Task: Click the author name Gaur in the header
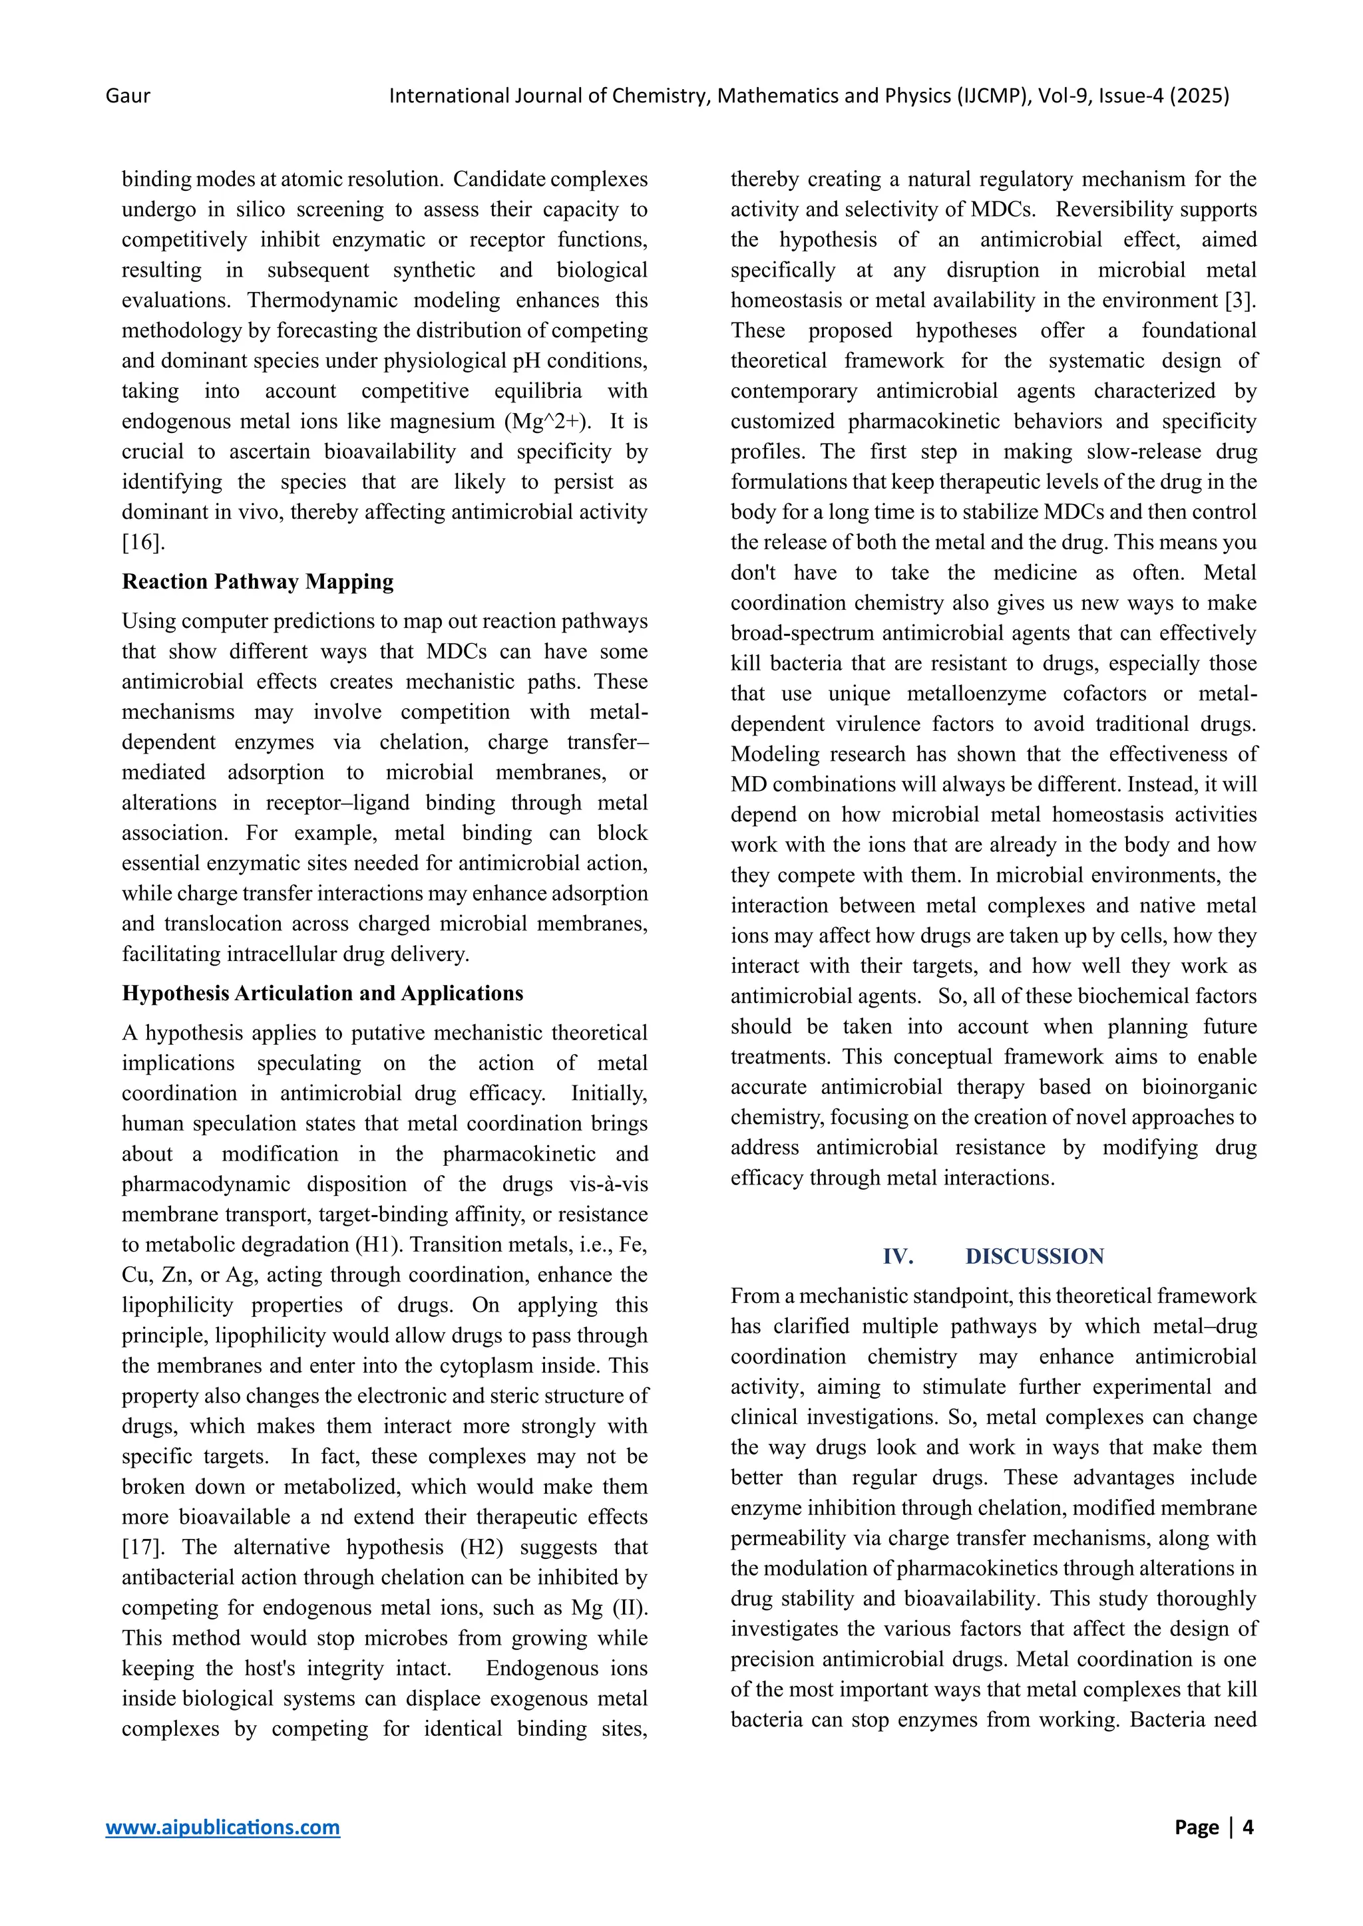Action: click(x=128, y=96)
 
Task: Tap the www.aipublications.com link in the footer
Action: click(x=222, y=1826)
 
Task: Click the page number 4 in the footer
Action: click(x=1247, y=1826)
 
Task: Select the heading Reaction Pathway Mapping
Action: click(x=258, y=581)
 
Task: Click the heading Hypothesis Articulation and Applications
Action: click(x=322, y=993)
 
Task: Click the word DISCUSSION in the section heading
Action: click(x=1034, y=1256)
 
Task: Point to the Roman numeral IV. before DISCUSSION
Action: click(x=898, y=1256)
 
